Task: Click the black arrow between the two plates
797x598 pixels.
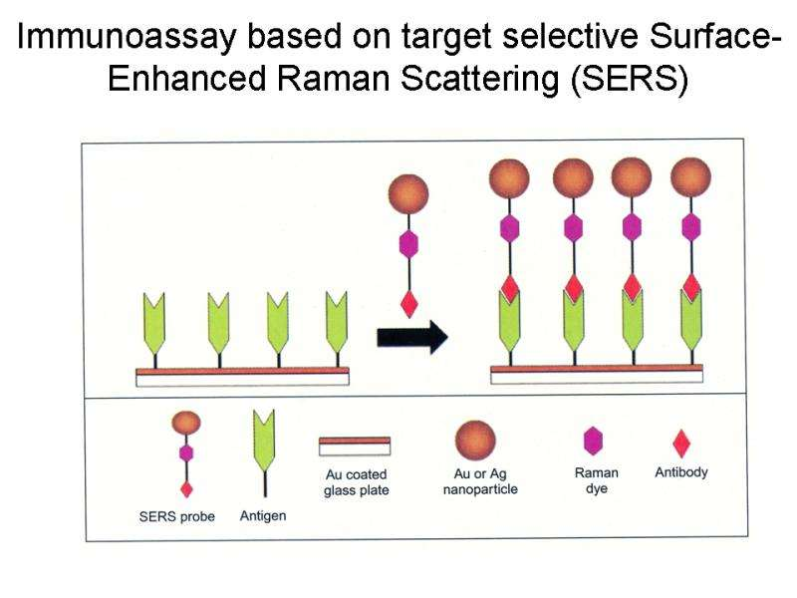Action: (411, 338)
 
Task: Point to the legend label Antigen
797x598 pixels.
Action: (264, 516)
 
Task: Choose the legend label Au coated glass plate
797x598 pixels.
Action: (356, 482)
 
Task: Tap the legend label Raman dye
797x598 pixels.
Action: (597, 480)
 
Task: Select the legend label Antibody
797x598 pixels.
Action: (680, 472)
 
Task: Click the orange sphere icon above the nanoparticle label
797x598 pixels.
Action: (475, 438)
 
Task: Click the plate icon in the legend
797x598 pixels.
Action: (355, 446)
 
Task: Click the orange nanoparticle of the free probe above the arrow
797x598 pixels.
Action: (407, 192)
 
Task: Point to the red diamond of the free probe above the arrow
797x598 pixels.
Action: (407, 303)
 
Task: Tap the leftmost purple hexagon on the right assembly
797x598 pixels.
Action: (509, 228)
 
